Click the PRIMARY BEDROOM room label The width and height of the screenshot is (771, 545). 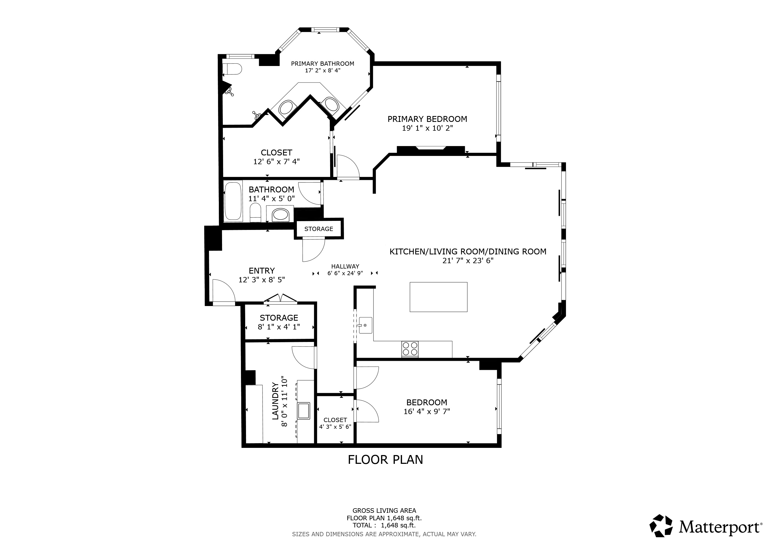point(427,119)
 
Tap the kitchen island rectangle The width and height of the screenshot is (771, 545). point(438,297)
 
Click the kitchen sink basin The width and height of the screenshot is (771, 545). point(365,325)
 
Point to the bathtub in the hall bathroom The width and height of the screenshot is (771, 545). point(233,201)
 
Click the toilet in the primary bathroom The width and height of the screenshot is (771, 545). point(232,69)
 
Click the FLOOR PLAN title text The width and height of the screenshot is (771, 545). point(385,460)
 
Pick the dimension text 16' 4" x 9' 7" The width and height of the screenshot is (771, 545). point(427,411)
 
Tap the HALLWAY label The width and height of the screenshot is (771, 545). point(345,266)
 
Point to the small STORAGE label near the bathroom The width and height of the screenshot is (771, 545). point(319,229)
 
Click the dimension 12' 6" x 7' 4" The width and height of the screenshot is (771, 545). point(276,162)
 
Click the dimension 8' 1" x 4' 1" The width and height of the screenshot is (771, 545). point(279,327)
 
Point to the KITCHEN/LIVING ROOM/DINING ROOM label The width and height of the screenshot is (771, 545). point(468,252)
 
